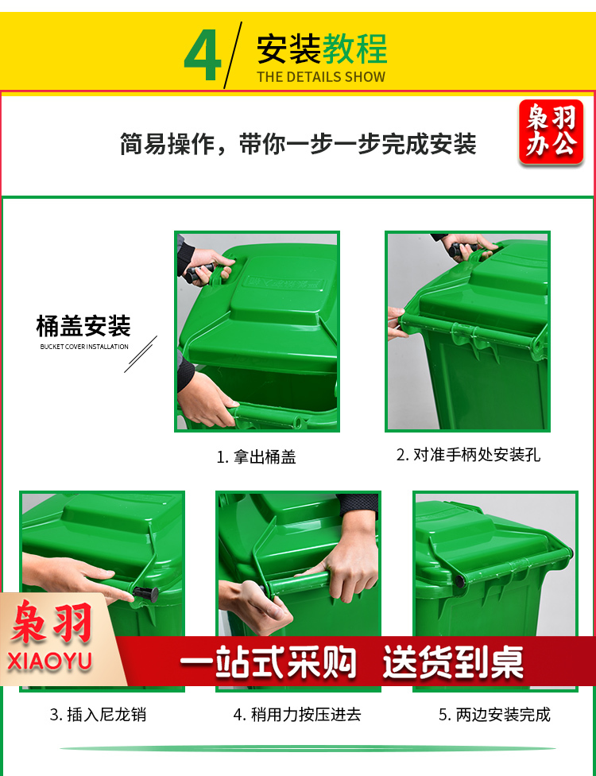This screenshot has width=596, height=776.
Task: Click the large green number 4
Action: click(203, 55)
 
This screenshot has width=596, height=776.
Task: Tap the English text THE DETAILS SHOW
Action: click(321, 76)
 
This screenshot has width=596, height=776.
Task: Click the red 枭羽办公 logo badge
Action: click(551, 132)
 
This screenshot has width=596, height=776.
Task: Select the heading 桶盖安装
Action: click(83, 326)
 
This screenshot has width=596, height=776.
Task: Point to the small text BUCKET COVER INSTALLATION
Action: click(84, 347)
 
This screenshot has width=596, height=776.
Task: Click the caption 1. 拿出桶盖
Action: click(256, 457)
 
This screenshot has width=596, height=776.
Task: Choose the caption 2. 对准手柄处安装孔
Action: click(468, 455)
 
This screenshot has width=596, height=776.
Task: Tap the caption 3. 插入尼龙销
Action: click(98, 715)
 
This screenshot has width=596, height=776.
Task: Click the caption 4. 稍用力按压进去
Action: click(297, 715)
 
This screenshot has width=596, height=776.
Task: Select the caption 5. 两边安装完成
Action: click(494, 715)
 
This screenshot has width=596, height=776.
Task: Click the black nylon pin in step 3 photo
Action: click(146, 594)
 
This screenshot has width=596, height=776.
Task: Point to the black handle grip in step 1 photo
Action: click(199, 273)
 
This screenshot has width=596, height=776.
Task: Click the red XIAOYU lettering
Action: click(49, 662)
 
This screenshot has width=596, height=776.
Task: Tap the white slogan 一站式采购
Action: click(268, 662)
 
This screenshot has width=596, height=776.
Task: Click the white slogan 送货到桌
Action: click(453, 662)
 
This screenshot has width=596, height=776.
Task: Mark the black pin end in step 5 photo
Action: click(460, 581)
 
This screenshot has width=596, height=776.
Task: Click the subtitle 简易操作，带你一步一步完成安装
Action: click(298, 144)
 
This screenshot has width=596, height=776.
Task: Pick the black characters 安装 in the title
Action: click(288, 49)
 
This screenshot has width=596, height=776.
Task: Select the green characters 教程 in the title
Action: click(354, 49)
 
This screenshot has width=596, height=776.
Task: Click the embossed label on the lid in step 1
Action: click(284, 283)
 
